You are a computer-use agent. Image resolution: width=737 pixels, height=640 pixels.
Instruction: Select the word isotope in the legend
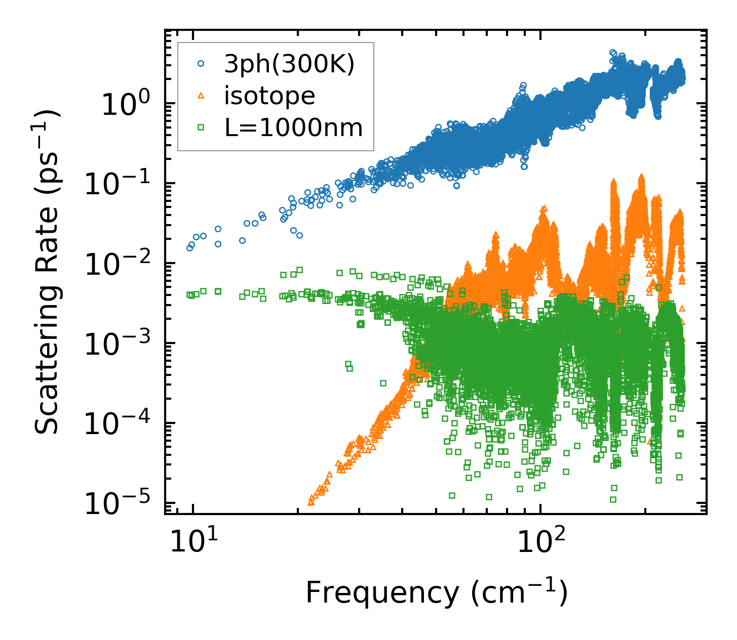click(x=269, y=96)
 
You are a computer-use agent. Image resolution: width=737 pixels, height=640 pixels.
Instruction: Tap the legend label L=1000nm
click(x=294, y=128)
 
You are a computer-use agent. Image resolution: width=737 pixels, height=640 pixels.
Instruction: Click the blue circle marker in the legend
click(x=201, y=64)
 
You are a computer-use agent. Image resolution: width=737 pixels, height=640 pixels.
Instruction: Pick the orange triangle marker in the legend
click(x=201, y=96)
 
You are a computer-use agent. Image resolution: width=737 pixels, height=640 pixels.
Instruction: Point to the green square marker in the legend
click(x=201, y=128)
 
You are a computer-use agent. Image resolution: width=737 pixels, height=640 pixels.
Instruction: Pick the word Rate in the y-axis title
click(x=47, y=219)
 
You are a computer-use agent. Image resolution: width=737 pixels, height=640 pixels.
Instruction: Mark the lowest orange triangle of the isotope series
click(x=311, y=502)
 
